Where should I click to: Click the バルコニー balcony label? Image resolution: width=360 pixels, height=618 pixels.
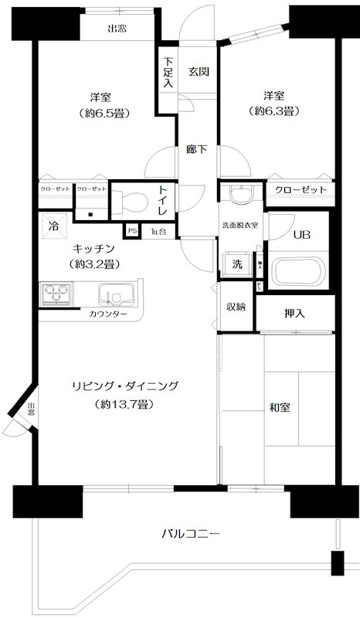192,533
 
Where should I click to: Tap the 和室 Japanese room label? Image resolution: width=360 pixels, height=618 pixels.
280,407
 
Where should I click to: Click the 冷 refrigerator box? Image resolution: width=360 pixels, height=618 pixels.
53,226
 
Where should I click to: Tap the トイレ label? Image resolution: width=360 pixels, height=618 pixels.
164,199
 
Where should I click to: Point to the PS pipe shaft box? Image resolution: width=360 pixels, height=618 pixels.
131,230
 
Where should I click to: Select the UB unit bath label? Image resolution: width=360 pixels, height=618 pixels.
301,236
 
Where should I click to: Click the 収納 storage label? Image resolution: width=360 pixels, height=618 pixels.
236,307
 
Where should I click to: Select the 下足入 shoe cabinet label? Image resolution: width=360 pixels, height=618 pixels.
168,73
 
